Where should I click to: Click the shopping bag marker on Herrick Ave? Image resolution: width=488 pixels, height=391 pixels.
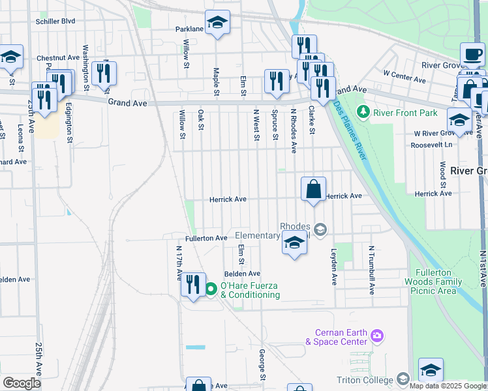[x=314, y=190]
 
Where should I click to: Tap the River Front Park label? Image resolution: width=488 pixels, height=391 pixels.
[x=405, y=113]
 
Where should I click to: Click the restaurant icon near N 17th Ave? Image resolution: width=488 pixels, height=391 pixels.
[x=193, y=285]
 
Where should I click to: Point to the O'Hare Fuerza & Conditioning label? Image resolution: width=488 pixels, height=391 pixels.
[x=251, y=290]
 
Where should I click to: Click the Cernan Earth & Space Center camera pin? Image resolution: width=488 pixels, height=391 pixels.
[x=376, y=336]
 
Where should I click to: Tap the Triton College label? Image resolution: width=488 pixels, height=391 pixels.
[x=363, y=380]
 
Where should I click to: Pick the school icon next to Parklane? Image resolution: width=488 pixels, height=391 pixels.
[x=218, y=24]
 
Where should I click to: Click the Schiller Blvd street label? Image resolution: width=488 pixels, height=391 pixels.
[x=55, y=21]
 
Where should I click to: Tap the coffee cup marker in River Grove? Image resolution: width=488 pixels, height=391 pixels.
[x=473, y=55]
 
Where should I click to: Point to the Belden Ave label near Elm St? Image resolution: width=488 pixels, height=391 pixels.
[x=242, y=274]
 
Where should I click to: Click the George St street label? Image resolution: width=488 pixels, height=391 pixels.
[x=262, y=365]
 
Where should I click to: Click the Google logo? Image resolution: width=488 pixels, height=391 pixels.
[x=22, y=383]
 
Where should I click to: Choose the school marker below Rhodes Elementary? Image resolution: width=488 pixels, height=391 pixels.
[x=294, y=244]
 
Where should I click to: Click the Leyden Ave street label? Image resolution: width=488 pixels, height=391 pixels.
[x=334, y=267]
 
